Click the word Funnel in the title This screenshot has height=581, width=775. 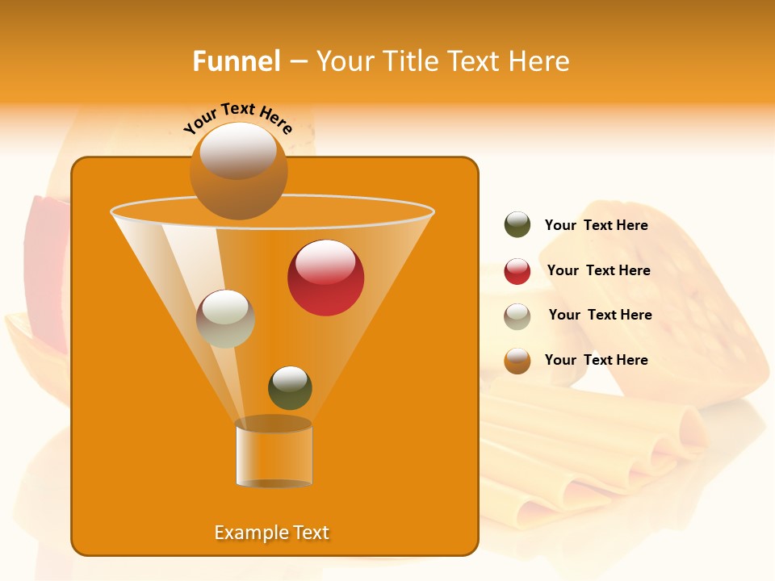237,61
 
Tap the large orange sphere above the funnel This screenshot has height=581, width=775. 238,170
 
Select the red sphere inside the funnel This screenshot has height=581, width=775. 325,278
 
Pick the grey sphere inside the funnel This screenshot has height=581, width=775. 225,319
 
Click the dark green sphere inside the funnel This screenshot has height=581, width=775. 290,387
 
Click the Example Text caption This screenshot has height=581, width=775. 271,533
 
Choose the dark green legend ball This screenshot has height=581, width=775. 517,224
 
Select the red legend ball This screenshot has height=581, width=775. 517,271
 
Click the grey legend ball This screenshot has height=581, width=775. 517,316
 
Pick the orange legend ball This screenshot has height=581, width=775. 517,361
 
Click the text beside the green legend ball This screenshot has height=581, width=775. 596,225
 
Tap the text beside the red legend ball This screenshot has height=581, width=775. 598,270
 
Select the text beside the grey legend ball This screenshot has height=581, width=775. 600,315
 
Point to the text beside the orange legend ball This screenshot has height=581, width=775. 596,360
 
